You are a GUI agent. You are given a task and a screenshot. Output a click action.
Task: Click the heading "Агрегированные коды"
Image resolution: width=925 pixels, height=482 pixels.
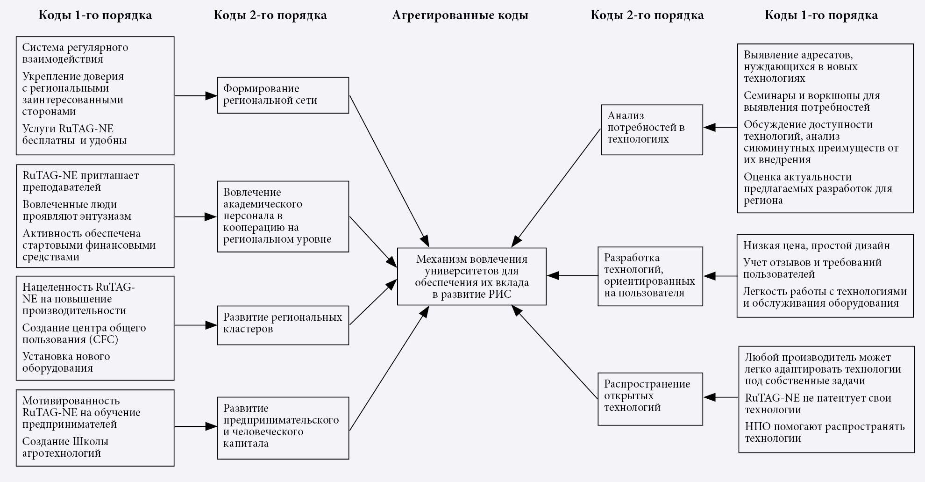pos(460,15)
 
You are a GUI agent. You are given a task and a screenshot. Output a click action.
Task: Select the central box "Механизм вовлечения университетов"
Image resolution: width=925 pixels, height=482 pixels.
pos(471,276)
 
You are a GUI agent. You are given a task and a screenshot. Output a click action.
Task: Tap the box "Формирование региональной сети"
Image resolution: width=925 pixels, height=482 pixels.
pos(283,95)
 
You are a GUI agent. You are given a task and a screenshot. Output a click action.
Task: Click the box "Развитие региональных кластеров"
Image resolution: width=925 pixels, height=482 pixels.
pos(283,325)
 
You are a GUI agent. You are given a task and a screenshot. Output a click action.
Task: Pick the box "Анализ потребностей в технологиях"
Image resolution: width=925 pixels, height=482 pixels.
pos(651,129)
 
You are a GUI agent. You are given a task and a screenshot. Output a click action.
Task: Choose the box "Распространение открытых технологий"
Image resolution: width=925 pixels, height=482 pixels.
pos(650,399)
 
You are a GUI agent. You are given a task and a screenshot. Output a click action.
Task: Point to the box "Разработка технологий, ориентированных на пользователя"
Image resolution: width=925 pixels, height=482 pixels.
pos(650,276)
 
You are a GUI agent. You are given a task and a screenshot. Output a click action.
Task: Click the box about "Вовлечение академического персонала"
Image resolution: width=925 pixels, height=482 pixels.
pos(283,216)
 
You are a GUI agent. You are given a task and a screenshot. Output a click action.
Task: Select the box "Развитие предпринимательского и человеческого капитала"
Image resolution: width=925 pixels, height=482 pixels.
pos(283,428)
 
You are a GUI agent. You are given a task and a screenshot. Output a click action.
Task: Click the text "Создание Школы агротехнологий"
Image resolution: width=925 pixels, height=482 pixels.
pos(65,447)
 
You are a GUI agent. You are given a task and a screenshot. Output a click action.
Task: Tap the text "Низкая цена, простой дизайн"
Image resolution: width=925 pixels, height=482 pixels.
pos(816,246)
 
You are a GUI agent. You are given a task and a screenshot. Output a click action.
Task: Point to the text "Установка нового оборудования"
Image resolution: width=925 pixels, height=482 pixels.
pos(66,362)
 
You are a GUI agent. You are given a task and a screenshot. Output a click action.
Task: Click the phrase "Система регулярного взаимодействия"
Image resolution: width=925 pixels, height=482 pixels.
pos(75,53)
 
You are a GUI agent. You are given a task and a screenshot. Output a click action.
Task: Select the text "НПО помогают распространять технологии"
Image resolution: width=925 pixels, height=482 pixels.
pos(824,432)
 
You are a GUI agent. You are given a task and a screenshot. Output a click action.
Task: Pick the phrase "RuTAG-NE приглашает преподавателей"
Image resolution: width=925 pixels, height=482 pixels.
pos(80,181)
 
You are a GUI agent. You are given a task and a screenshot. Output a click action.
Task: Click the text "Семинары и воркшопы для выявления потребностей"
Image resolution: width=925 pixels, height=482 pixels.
pos(811,101)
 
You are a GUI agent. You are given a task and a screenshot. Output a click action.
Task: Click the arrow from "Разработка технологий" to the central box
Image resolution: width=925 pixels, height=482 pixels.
pos(572,276)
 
